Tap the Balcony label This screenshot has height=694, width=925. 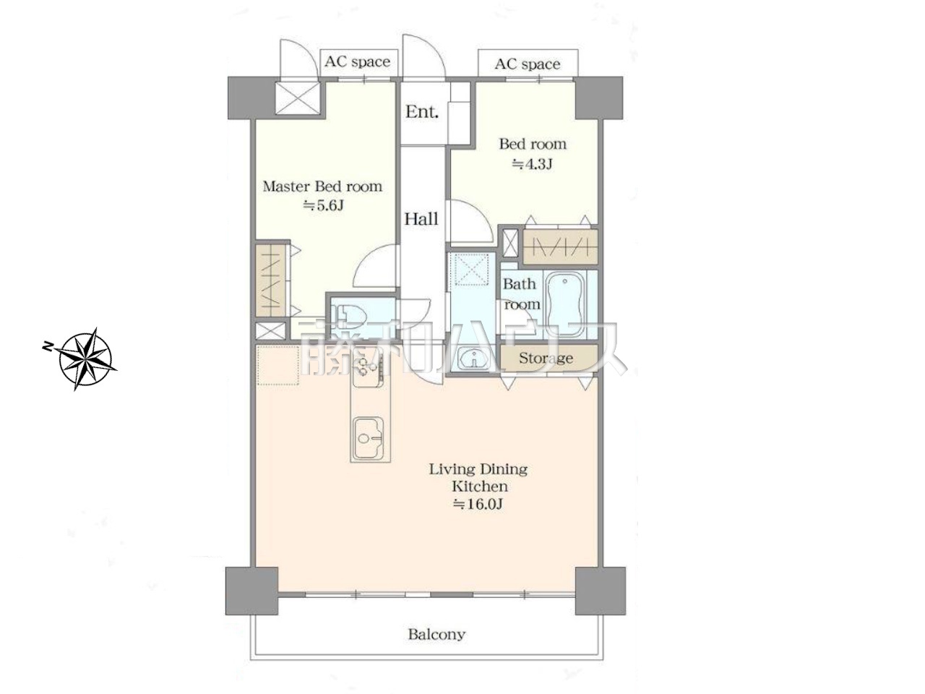(436, 634)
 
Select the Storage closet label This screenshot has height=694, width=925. (546, 358)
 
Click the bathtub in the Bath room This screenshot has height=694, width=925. (564, 304)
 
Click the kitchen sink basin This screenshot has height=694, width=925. (368, 437)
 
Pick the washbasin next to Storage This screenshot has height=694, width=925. (475, 360)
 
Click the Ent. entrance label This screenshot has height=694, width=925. (422, 111)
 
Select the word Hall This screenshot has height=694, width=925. (421, 219)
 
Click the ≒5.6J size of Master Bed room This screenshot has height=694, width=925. (323, 205)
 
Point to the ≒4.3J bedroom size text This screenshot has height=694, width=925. (532, 163)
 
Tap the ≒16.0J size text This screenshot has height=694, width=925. (478, 504)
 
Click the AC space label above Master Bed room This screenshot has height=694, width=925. (358, 62)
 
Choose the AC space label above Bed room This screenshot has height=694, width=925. (528, 64)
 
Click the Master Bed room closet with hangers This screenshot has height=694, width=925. (271, 280)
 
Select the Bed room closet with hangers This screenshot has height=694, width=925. (560, 247)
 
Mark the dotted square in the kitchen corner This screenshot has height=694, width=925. (277, 365)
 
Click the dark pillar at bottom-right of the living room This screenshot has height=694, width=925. (600, 591)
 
